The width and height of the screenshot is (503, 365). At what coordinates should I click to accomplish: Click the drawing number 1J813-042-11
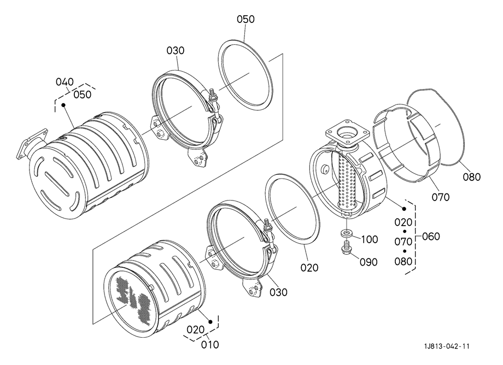pos(447,346)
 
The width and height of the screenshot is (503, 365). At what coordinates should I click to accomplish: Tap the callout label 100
pos(369,239)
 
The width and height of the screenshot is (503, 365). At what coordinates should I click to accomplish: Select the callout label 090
pos(369,262)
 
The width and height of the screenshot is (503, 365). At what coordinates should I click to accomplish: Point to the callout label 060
pos(431,237)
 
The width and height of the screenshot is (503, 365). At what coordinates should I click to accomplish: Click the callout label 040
pos(65,82)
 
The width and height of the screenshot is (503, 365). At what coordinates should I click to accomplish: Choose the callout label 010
pos(210,344)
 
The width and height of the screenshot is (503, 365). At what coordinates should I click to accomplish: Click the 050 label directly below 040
pos(83,95)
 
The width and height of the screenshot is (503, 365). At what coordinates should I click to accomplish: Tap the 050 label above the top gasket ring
pos(245,19)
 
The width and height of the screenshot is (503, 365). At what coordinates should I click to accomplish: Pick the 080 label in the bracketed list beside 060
pos(403,262)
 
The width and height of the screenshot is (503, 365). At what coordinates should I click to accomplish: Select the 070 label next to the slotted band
pos(441,197)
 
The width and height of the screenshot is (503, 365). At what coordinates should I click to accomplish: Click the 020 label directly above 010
pos(196,329)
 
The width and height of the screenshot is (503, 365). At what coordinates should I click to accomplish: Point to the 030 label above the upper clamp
pos(176,51)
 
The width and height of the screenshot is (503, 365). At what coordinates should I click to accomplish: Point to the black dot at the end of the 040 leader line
pos(63,105)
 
